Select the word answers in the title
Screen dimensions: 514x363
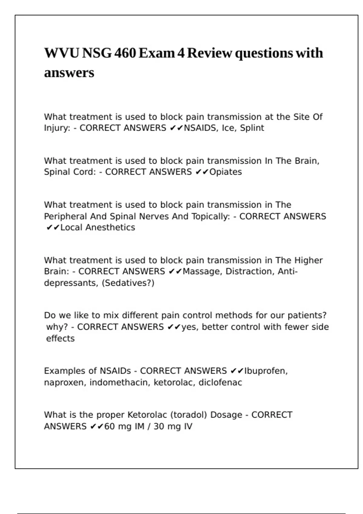pos(69,73)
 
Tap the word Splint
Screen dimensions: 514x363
pos(252,128)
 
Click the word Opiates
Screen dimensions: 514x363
pos(226,172)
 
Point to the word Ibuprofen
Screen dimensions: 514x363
pos(266,371)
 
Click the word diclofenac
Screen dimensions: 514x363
pos(220,382)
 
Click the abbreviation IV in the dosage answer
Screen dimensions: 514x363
pos(188,427)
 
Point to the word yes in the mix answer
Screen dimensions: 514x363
pos(189,327)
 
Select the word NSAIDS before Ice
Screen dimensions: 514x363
pos(200,128)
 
